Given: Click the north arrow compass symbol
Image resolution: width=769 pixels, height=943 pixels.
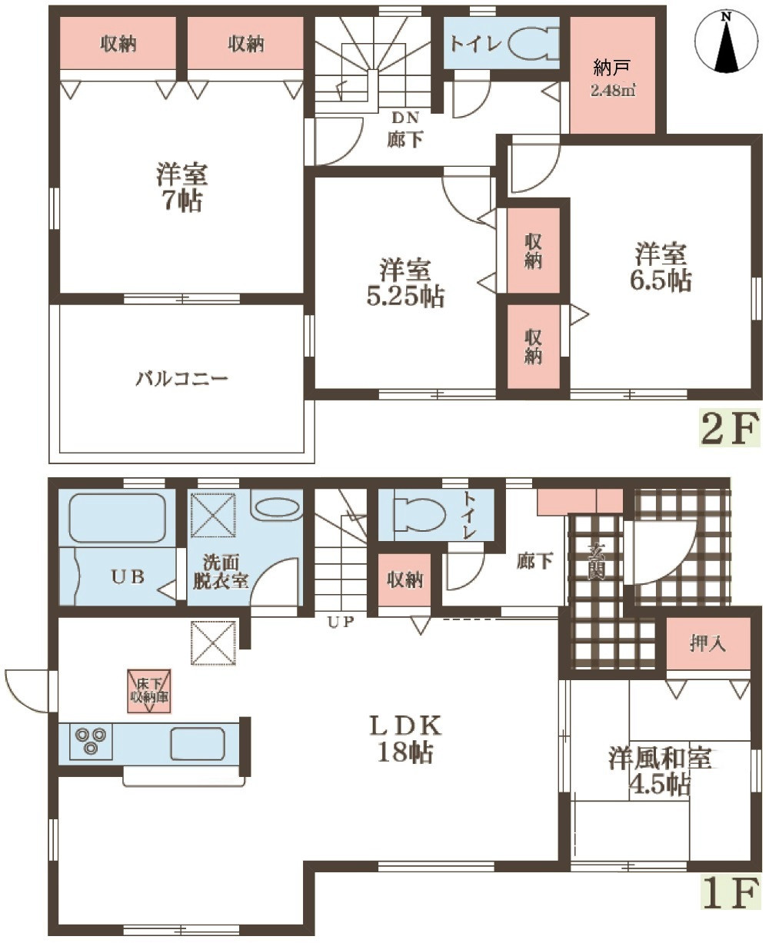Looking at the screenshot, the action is click(x=726, y=42).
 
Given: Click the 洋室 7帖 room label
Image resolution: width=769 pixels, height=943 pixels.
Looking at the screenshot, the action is click(x=181, y=188).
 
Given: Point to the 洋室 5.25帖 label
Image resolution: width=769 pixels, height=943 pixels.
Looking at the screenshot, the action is click(x=404, y=283).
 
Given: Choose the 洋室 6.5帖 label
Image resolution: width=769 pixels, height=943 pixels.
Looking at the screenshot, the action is click(x=661, y=267).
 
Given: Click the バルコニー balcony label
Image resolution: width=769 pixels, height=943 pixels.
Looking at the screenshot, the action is click(x=181, y=379).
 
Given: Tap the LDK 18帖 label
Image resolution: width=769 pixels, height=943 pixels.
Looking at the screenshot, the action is click(x=404, y=739).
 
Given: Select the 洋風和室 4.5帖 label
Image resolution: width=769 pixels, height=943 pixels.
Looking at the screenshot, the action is click(x=660, y=771).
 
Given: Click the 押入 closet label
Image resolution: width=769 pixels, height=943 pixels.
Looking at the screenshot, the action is click(x=708, y=643).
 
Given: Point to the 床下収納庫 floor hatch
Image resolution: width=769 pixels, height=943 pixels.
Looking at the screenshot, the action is click(x=149, y=691).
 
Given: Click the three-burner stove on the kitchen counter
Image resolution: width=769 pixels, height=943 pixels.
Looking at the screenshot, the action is click(x=91, y=740).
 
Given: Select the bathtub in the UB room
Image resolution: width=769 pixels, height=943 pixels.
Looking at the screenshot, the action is click(x=118, y=517).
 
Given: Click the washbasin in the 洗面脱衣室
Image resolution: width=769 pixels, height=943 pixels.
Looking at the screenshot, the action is click(x=277, y=508).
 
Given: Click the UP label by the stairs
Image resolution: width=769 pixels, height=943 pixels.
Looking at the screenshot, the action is click(x=341, y=622).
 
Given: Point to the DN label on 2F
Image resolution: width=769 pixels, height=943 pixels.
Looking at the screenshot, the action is click(x=404, y=118).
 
